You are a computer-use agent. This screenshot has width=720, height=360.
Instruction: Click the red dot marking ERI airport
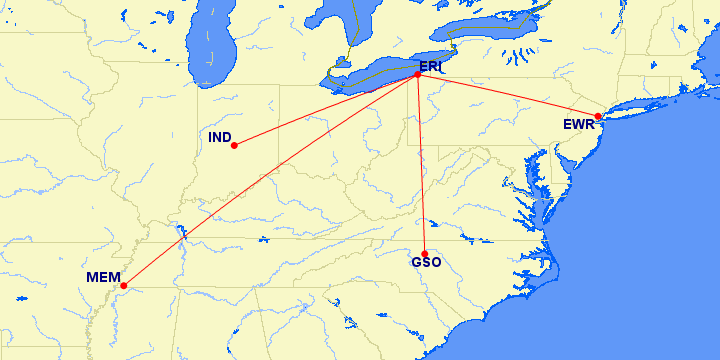pos(417,75)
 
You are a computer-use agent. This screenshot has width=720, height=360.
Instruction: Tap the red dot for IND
pos(234,145)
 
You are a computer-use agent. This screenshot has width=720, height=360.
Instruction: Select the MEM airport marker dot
pos(123,286)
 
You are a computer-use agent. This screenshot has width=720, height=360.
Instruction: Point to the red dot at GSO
pos(425,254)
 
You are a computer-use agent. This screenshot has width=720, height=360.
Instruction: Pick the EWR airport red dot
pos(597,117)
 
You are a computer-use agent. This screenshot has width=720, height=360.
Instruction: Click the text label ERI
pos(430,66)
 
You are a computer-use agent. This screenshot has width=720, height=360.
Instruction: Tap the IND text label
pos(220,136)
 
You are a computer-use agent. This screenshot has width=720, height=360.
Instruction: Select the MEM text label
pos(103,277)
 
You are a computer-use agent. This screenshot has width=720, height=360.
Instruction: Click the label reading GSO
pos(425,265)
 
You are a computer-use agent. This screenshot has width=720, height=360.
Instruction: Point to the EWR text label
pos(578,125)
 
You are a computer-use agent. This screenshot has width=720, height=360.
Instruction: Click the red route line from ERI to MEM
pos(270,180)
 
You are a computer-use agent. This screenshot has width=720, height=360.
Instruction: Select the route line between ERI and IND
pos(325,110)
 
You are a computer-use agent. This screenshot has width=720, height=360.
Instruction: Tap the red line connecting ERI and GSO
pos(421,165)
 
